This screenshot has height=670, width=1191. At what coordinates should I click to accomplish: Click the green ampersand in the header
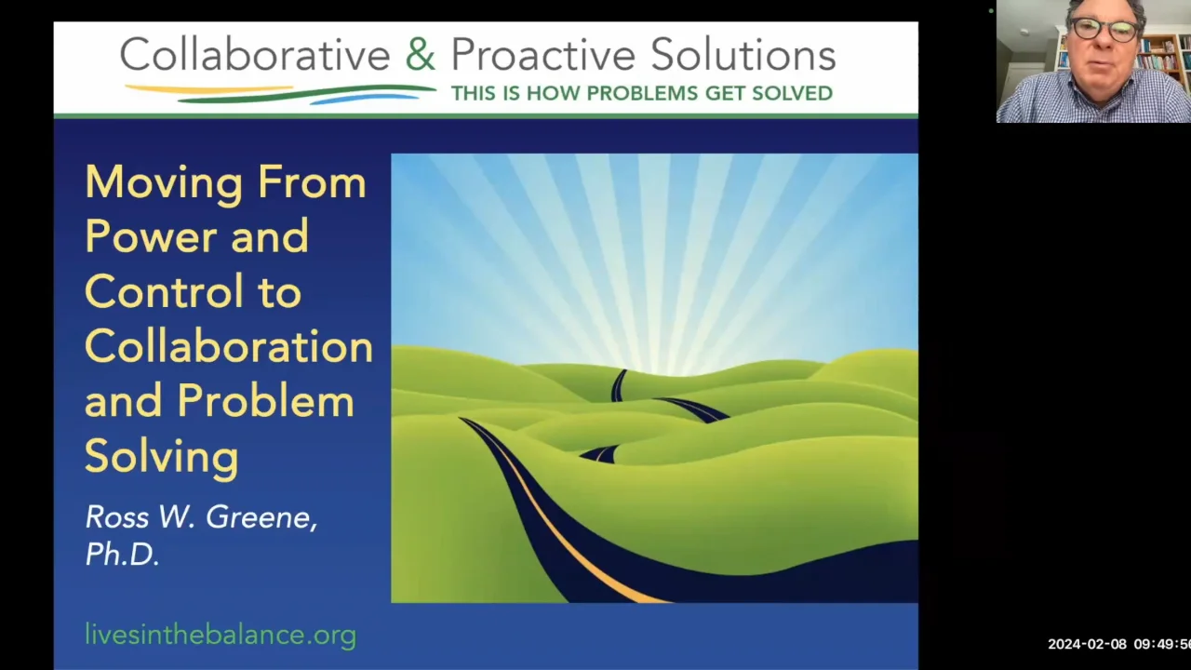click(420, 55)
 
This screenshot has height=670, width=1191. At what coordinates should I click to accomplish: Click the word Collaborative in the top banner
click(254, 55)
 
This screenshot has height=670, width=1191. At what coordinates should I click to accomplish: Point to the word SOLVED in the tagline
click(794, 93)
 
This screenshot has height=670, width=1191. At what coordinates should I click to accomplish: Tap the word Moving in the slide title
click(165, 182)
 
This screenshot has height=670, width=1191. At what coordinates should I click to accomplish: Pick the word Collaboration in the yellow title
click(229, 346)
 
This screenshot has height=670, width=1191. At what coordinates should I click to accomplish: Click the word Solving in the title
click(161, 456)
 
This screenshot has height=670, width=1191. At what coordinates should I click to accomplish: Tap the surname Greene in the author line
click(261, 517)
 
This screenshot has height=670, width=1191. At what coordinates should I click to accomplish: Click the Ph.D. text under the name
click(122, 555)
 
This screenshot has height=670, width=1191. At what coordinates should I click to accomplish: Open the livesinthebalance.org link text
click(221, 635)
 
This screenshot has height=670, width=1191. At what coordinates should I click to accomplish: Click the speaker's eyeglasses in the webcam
click(1103, 29)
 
